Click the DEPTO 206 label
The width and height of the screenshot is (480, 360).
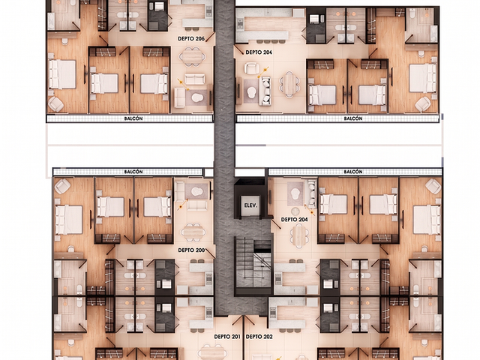(x=191, y=39)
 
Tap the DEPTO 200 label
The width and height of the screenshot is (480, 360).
(x=191, y=250)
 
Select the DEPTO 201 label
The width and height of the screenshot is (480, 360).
(x=227, y=337)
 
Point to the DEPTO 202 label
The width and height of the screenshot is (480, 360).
(x=259, y=337)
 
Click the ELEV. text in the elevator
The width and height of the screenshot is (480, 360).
(x=250, y=205)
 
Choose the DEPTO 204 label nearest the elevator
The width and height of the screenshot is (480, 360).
(x=295, y=220)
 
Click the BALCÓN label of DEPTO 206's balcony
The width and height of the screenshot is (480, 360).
(x=133, y=118)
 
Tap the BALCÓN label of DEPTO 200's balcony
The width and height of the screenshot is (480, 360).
(x=133, y=172)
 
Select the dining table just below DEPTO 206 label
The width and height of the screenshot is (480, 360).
(x=192, y=57)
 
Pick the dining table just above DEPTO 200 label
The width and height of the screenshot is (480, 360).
(x=193, y=233)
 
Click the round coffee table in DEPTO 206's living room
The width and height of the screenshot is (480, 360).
(x=196, y=97)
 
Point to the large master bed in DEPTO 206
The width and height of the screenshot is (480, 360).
(x=62, y=74)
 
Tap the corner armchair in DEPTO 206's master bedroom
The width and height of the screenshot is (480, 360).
(x=55, y=104)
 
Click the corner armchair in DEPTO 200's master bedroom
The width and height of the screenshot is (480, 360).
(x=62, y=186)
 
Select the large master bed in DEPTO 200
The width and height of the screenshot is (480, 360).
(x=69, y=220)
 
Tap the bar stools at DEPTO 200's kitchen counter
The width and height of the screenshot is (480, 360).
(x=197, y=261)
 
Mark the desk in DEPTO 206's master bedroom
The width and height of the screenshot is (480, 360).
(x=62, y=35)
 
